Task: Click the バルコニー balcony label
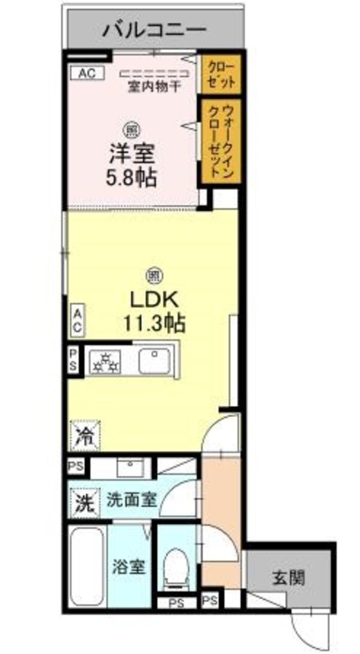coord(155,29)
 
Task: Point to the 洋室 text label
coord(131,154)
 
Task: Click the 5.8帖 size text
coord(131,177)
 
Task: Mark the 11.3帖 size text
coord(154,323)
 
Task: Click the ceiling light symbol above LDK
coord(154,275)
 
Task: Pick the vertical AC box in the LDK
coord(77,321)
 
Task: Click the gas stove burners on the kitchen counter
coord(106,362)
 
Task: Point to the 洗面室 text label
coord(132,500)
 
